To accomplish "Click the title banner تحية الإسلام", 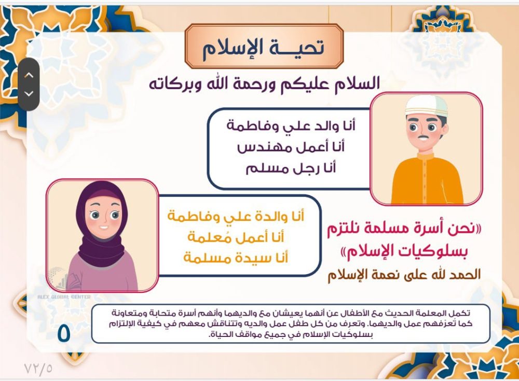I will click(x=264, y=47).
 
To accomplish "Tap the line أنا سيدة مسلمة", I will click(x=236, y=257).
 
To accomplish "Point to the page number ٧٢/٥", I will click(x=38, y=369).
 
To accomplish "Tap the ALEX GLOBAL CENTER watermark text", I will click(x=63, y=297).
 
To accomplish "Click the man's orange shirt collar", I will click(x=426, y=156).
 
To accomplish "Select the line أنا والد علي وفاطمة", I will click(x=291, y=125).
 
